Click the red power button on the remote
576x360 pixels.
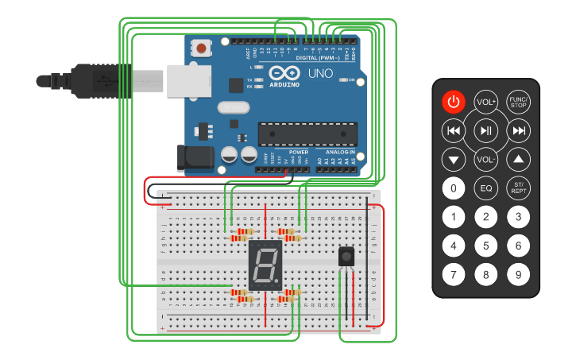click(453, 102)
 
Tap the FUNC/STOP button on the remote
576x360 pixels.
click(518, 103)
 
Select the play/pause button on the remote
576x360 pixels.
click(485, 130)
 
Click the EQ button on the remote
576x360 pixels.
click(485, 188)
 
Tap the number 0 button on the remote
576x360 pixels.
click(453, 188)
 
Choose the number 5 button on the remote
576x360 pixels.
click(485, 246)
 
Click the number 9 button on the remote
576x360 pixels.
click(518, 275)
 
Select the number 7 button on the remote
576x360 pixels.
click(453, 275)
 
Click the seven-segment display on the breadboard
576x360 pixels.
click(265, 265)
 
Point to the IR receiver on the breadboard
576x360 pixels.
click(346, 257)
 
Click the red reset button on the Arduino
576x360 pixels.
click(202, 48)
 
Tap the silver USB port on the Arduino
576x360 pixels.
click(188, 80)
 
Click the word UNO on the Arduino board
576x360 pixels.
click(320, 73)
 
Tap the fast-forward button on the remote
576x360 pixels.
click(518, 130)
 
